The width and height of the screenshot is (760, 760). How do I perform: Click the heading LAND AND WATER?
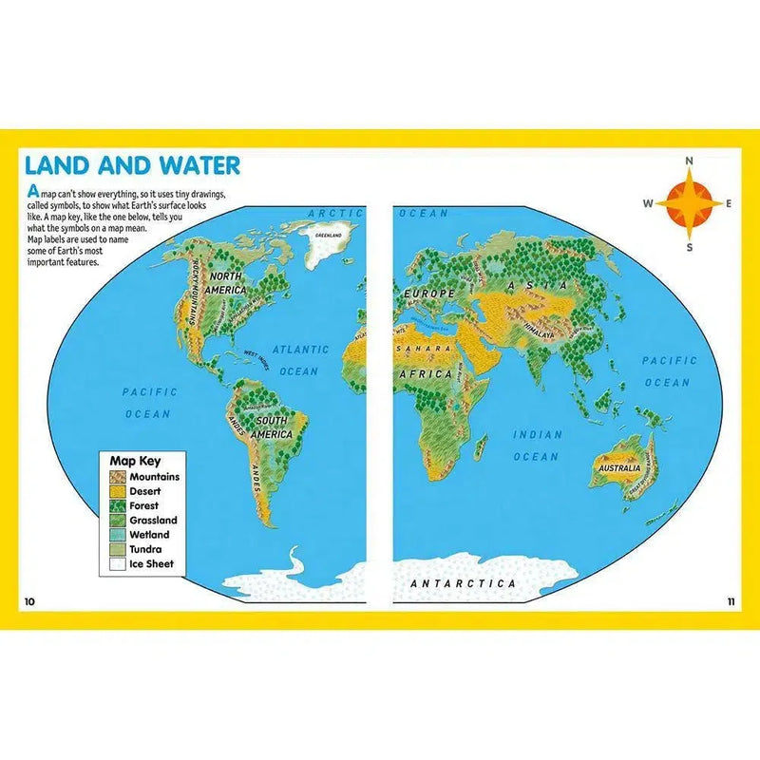click(132, 164)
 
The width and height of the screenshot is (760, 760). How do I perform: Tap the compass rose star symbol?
click(690, 202)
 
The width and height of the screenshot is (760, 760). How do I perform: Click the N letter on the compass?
click(690, 161)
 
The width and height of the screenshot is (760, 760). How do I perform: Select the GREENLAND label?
click(329, 234)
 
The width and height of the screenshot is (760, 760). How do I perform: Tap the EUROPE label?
click(430, 294)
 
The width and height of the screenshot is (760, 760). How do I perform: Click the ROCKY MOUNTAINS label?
click(198, 291)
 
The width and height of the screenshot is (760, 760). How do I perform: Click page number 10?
click(29, 601)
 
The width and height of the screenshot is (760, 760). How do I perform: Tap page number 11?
click(731, 601)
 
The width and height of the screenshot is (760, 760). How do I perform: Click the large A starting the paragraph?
click(32, 190)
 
